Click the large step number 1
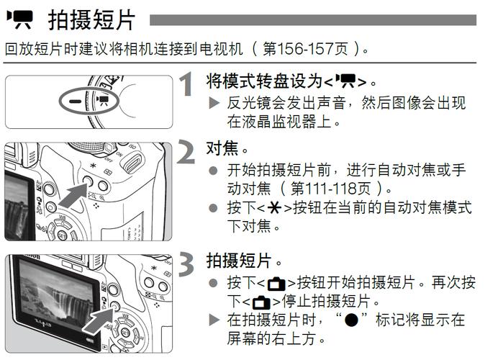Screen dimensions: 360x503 point(186,85)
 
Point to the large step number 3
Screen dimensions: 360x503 point(186,265)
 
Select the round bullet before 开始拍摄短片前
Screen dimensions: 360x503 point(212,171)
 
